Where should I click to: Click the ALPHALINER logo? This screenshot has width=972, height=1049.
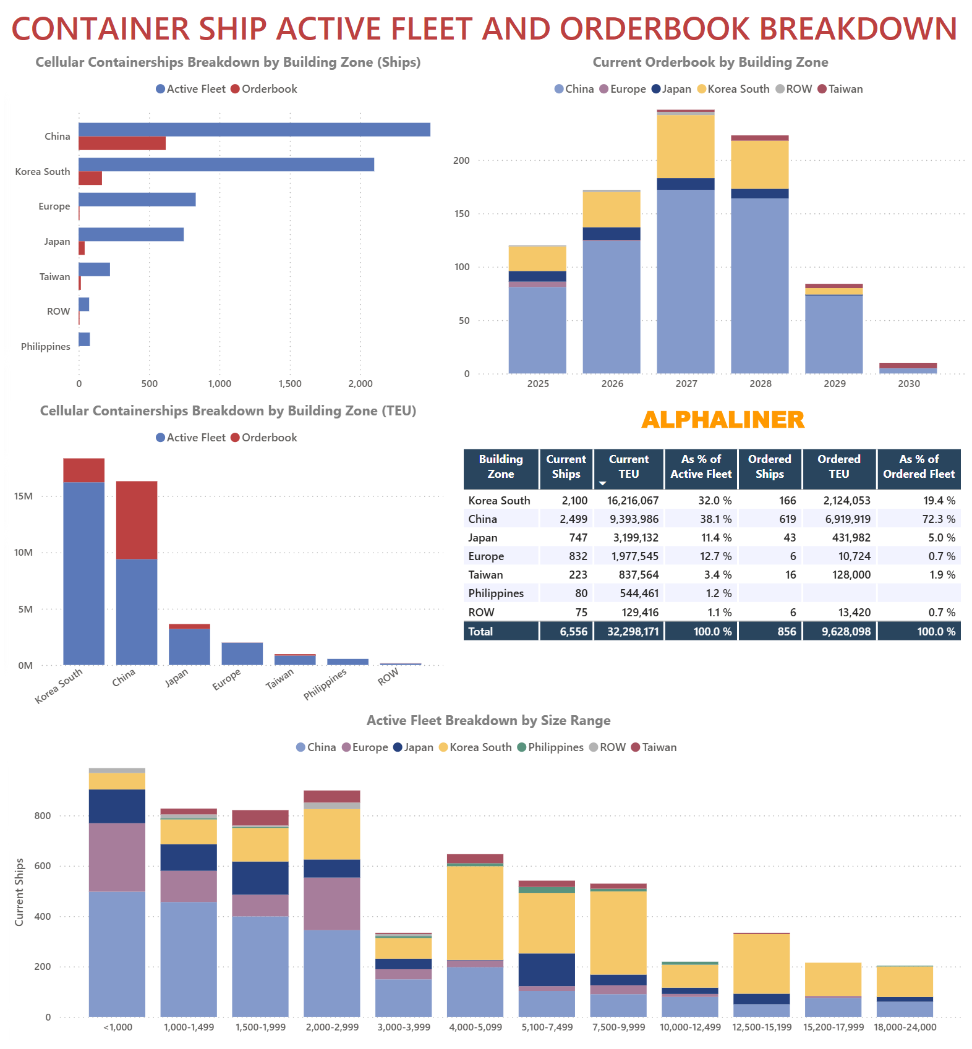tap(722, 420)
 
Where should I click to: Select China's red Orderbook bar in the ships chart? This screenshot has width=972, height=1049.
tap(122, 143)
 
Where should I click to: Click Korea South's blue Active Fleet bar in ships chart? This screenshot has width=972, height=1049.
tap(226, 164)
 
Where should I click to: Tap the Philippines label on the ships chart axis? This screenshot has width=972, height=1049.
tap(46, 347)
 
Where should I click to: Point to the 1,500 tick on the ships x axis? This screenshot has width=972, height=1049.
tap(290, 384)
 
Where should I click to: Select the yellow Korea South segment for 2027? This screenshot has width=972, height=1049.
tap(686, 147)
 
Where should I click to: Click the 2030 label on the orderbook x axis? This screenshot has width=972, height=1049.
tap(908, 384)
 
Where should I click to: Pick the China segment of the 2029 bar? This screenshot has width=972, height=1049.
tap(833, 334)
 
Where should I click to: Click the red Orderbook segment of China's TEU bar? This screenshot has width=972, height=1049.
tap(137, 520)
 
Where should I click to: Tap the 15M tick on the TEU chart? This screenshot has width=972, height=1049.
tap(23, 496)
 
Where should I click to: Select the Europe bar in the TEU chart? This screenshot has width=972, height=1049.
tap(242, 654)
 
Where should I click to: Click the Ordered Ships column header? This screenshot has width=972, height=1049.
tap(769, 467)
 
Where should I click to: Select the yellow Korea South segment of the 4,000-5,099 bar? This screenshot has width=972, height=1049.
tap(475, 912)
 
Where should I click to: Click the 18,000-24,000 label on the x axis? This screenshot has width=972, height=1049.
tap(905, 1027)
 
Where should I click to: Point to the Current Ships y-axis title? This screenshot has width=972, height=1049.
tap(19, 892)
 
